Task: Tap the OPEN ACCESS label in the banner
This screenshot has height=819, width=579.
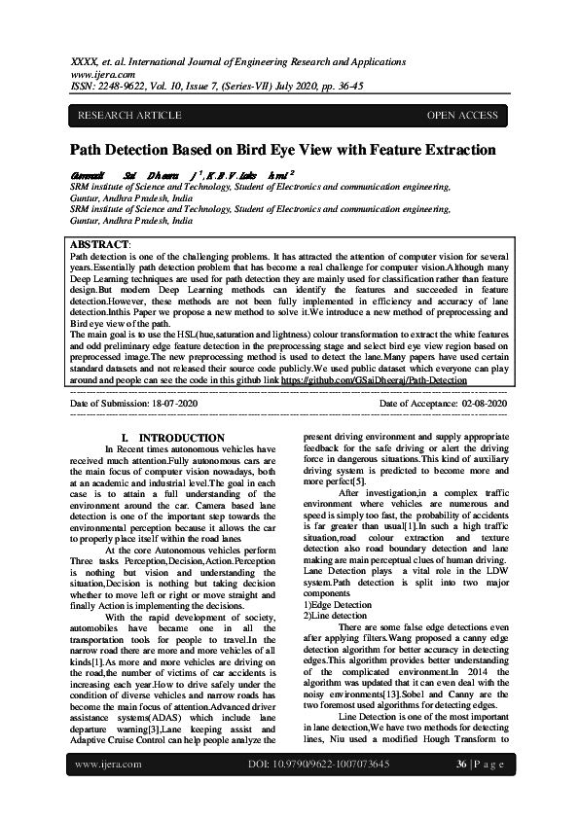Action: pos(462,116)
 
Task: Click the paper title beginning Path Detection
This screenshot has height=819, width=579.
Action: pos(282,150)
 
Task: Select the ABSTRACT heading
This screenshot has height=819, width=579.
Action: pos(101,243)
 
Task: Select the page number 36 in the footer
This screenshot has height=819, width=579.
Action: pos(462,791)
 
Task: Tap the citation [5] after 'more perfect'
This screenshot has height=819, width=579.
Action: pos(359,481)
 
